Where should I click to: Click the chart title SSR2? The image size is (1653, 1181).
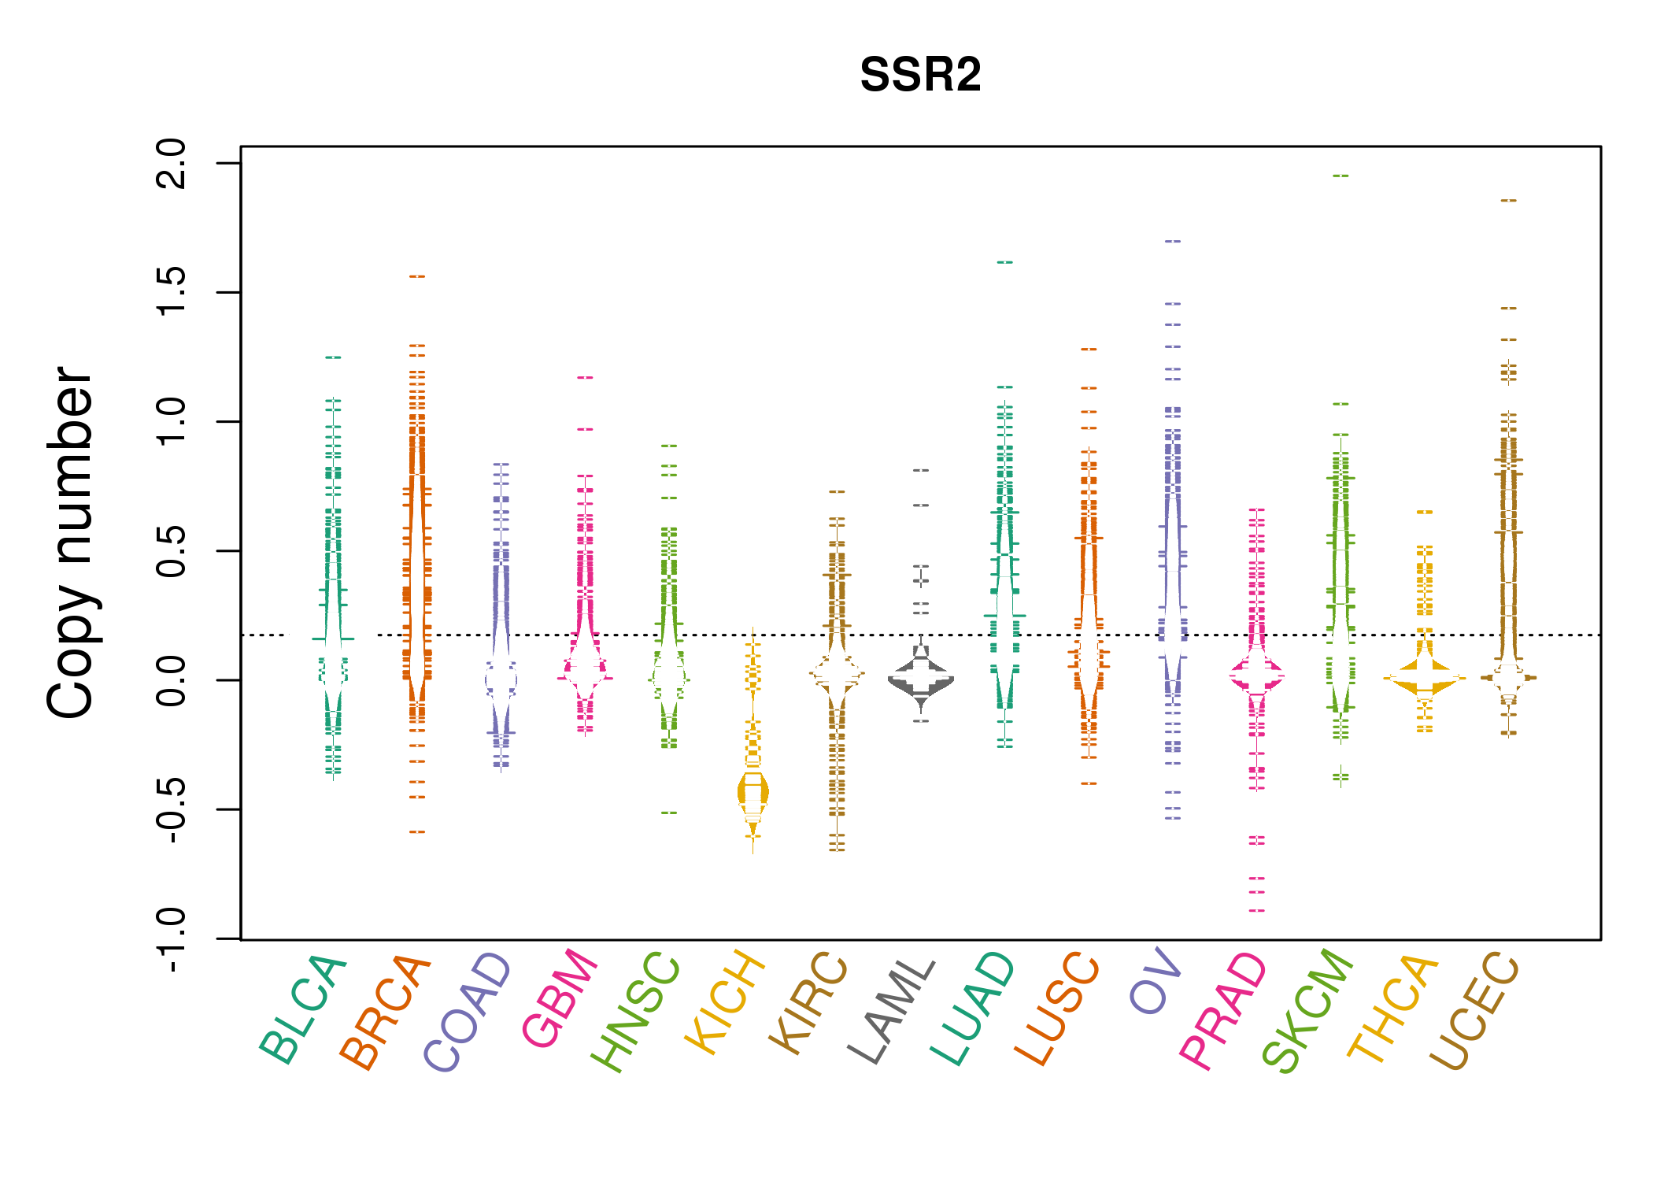point(920,76)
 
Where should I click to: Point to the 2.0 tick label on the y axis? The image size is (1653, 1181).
point(172,163)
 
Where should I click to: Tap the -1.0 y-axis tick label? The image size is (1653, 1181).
point(172,939)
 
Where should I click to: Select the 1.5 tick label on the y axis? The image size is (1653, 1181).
point(172,292)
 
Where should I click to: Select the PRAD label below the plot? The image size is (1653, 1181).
point(1223,1011)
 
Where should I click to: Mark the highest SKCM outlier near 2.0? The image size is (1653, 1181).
point(1341,176)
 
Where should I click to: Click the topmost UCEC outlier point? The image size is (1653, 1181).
point(1508,201)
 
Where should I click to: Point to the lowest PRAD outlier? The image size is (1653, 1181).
point(1257,911)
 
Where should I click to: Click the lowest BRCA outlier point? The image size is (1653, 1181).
point(417,832)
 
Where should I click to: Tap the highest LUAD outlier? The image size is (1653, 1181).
point(1005,262)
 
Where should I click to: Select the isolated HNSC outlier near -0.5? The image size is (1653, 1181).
point(669,813)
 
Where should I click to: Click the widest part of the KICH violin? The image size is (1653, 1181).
point(753,792)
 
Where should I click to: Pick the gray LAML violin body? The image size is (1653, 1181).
point(921,679)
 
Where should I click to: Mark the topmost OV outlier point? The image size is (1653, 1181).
point(1173,242)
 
